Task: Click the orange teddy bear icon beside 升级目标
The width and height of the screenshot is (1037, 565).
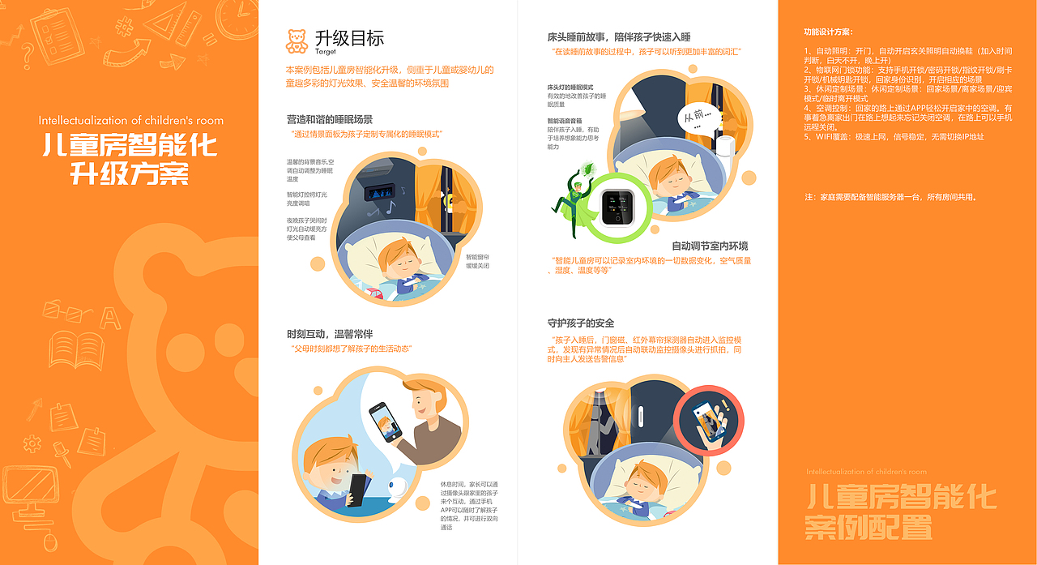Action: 297,41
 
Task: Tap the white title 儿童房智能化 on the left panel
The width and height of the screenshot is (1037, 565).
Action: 130,146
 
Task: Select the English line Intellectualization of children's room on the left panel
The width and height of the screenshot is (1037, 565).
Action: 130,120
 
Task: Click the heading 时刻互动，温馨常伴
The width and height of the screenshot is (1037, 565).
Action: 330,334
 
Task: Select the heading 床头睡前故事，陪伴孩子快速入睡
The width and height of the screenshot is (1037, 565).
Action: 619,37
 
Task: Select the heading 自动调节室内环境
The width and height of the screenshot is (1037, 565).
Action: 710,246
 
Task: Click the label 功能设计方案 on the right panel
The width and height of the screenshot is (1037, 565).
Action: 827,32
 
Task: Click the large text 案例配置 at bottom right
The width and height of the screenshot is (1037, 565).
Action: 868,528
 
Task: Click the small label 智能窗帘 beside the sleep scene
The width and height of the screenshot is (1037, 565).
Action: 477,256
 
